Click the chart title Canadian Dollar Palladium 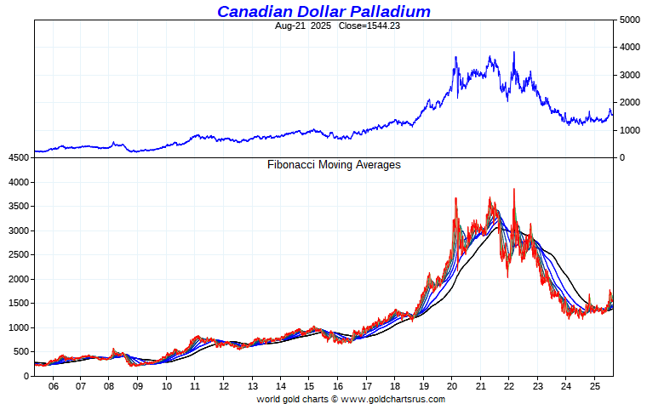point(323,11)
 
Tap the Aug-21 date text point(290,26)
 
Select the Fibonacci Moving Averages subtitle point(334,165)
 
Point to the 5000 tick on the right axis point(629,20)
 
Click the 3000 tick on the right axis point(629,75)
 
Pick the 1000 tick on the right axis point(629,130)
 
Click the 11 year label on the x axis point(195,386)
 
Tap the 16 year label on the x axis point(338,386)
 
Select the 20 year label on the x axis point(452,386)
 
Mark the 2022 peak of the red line point(514,189)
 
